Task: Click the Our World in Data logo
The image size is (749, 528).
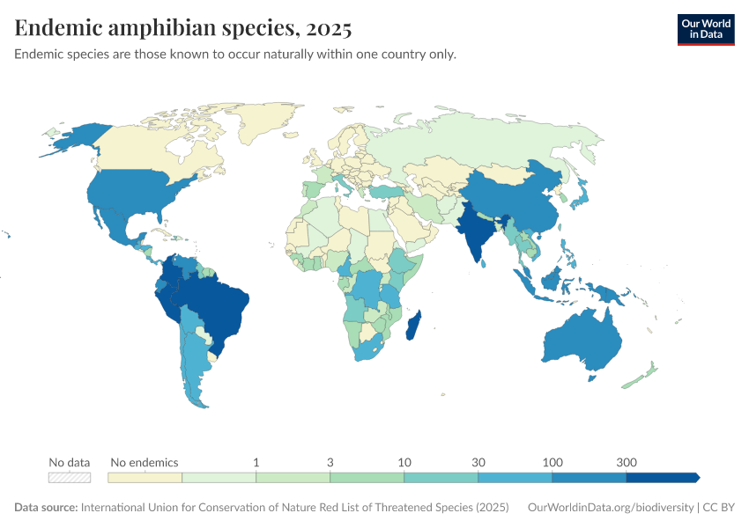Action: click(705, 29)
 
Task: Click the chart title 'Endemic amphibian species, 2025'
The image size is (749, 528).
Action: click(183, 29)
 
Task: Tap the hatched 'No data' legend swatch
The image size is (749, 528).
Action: click(70, 477)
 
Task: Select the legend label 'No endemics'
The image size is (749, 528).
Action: click(144, 462)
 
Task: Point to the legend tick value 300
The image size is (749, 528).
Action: click(626, 462)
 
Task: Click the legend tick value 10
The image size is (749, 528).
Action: click(404, 462)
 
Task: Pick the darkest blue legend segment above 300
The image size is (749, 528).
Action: click(662, 477)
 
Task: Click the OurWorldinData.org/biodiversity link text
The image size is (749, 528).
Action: click(609, 508)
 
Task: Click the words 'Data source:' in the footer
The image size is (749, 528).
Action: click(46, 508)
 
